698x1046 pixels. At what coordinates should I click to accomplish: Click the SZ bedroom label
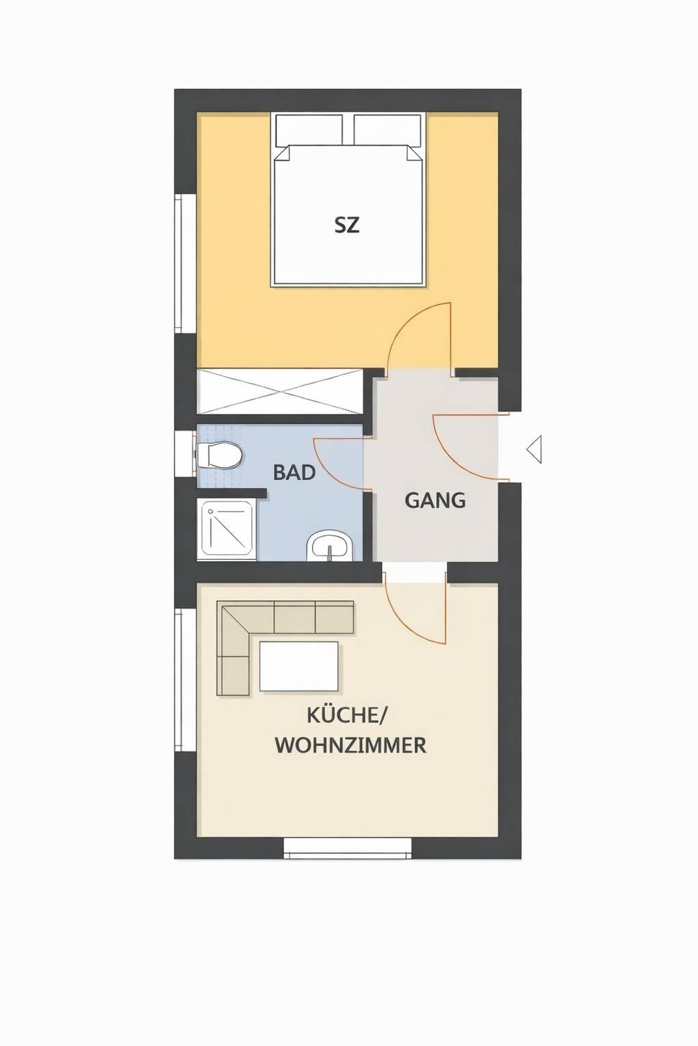[347, 224]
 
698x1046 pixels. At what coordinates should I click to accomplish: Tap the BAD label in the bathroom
[294, 472]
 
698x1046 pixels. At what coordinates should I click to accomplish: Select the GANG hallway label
[435, 500]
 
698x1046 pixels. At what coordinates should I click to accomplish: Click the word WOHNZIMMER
[350, 745]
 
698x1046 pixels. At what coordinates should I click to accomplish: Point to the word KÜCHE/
[347, 716]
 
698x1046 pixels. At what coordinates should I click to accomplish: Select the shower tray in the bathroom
[227, 528]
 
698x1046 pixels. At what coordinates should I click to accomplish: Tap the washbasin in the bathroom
[331, 546]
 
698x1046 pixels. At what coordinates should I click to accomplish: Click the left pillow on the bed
[309, 129]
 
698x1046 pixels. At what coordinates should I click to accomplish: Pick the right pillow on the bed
[387, 129]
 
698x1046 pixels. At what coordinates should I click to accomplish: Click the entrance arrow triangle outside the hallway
[534, 449]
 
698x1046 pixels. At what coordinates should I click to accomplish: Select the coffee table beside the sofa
[298, 666]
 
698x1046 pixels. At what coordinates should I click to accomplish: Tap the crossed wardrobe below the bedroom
[279, 392]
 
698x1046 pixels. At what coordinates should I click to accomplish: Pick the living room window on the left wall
[180, 680]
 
